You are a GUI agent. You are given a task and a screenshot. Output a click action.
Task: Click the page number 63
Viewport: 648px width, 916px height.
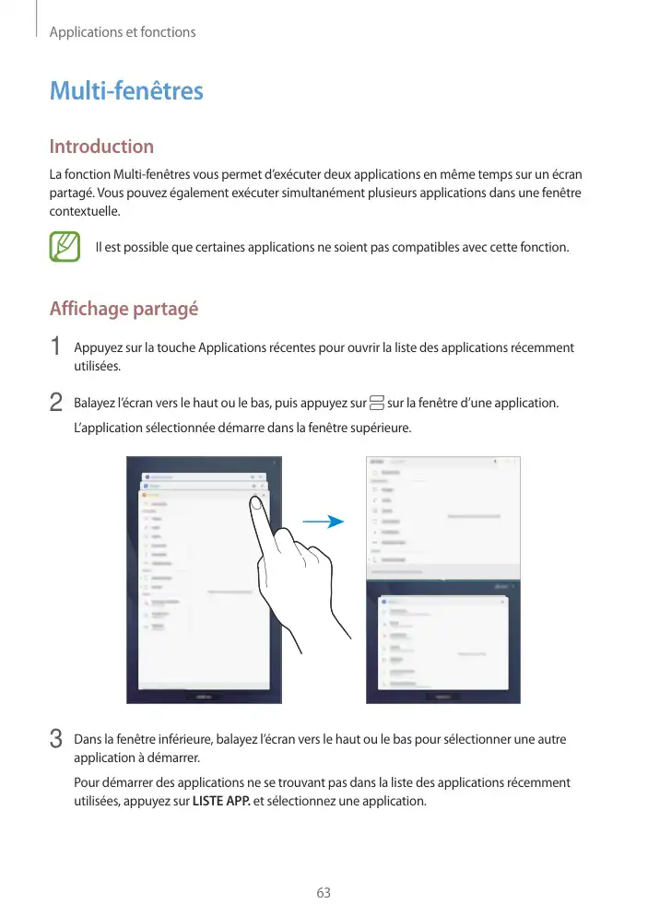click(323, 893)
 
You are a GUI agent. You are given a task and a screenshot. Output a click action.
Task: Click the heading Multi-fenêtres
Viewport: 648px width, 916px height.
click(125, 92)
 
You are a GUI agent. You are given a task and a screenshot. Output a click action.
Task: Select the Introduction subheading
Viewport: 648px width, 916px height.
click(101, 147)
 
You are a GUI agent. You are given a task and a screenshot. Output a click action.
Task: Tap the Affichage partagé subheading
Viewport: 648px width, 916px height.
click(124, 309)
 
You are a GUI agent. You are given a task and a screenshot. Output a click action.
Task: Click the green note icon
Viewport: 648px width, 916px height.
click(65, 247)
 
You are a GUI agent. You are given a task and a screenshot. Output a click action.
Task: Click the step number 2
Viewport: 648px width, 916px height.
click(56, 403)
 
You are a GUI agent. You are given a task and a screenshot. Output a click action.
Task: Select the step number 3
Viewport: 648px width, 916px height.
click(56, 739)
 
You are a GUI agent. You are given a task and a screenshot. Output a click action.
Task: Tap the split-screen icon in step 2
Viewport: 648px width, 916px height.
click(376, 403)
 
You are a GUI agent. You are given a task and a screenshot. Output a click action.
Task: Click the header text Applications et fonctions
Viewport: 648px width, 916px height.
click(123, 32)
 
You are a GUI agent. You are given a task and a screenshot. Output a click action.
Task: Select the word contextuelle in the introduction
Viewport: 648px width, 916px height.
click(84, 212)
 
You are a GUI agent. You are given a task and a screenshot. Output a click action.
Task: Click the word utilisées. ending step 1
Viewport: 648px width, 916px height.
click(96, 366)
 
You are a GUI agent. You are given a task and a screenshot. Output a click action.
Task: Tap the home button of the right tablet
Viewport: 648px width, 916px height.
click(442, 696)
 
